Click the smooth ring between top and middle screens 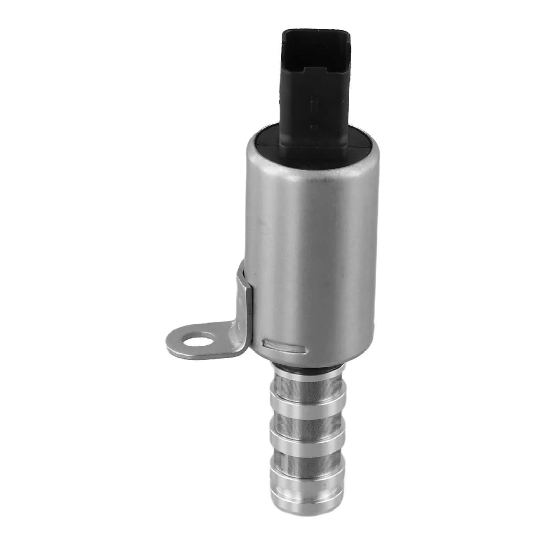coord(307,403)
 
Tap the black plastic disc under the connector coord(270,140)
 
